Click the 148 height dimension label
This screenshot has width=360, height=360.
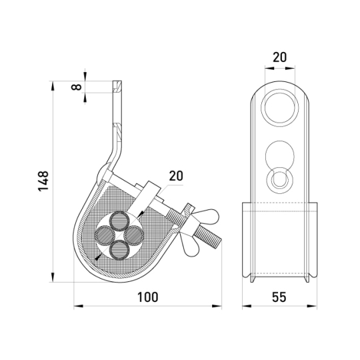point(43,181)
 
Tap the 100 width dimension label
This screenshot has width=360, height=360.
point(147,297)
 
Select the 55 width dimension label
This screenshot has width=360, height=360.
point(279,297)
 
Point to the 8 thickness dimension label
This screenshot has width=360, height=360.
point(76,87)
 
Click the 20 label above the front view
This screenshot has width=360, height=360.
point(279,57)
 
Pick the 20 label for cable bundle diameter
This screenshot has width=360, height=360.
point(176,176)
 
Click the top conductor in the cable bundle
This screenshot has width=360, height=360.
point(119,221)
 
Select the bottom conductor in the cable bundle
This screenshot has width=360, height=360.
point(119,250)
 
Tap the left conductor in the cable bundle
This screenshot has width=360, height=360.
point(105,235)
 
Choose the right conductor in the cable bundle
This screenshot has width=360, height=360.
point(134,235)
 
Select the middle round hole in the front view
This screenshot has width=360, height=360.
point(279,155)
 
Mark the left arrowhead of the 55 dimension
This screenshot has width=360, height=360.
point(247,306)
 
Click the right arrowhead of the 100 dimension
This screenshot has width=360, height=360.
point(217,306)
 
